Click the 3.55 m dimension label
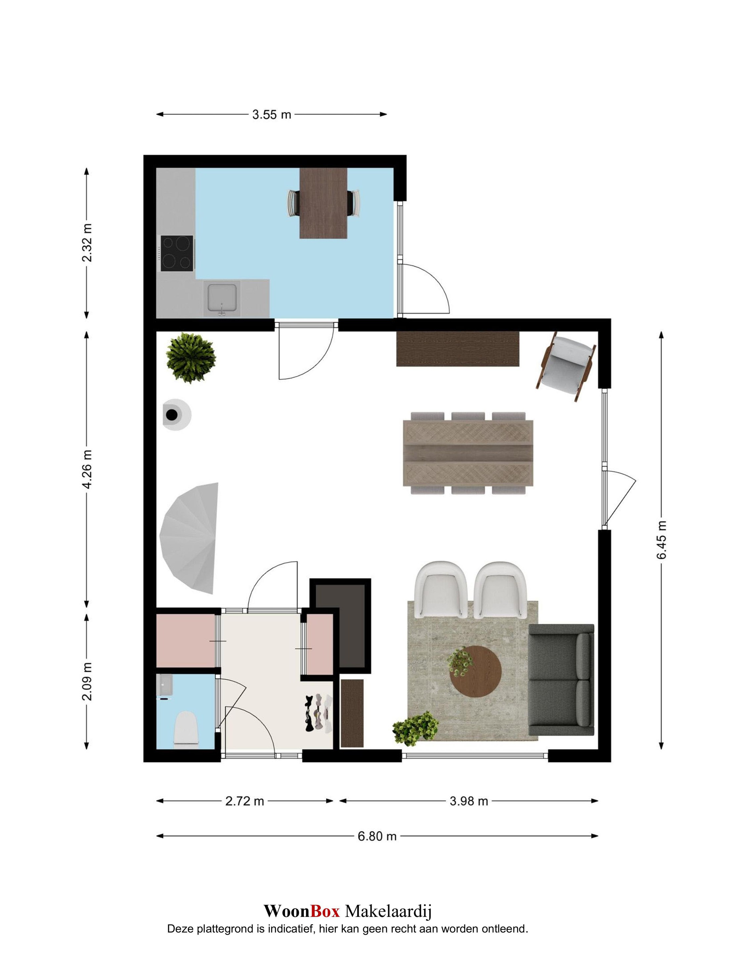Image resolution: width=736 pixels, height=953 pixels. point(271,115)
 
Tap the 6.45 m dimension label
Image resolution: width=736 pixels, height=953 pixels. point(662,539)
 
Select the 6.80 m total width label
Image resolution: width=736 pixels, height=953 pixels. point(377,836)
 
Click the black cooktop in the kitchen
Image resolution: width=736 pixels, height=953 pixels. point(177,253)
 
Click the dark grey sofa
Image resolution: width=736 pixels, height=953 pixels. point(562,680)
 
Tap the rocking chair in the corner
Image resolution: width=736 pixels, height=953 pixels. point(567,366)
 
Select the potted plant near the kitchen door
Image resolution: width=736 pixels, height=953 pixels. point(191,358)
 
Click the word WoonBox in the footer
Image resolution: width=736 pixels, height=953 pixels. point(301,911)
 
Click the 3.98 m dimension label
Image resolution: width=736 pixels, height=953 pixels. point(469,801)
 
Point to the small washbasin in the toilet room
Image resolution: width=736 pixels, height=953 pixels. point(166,685)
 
